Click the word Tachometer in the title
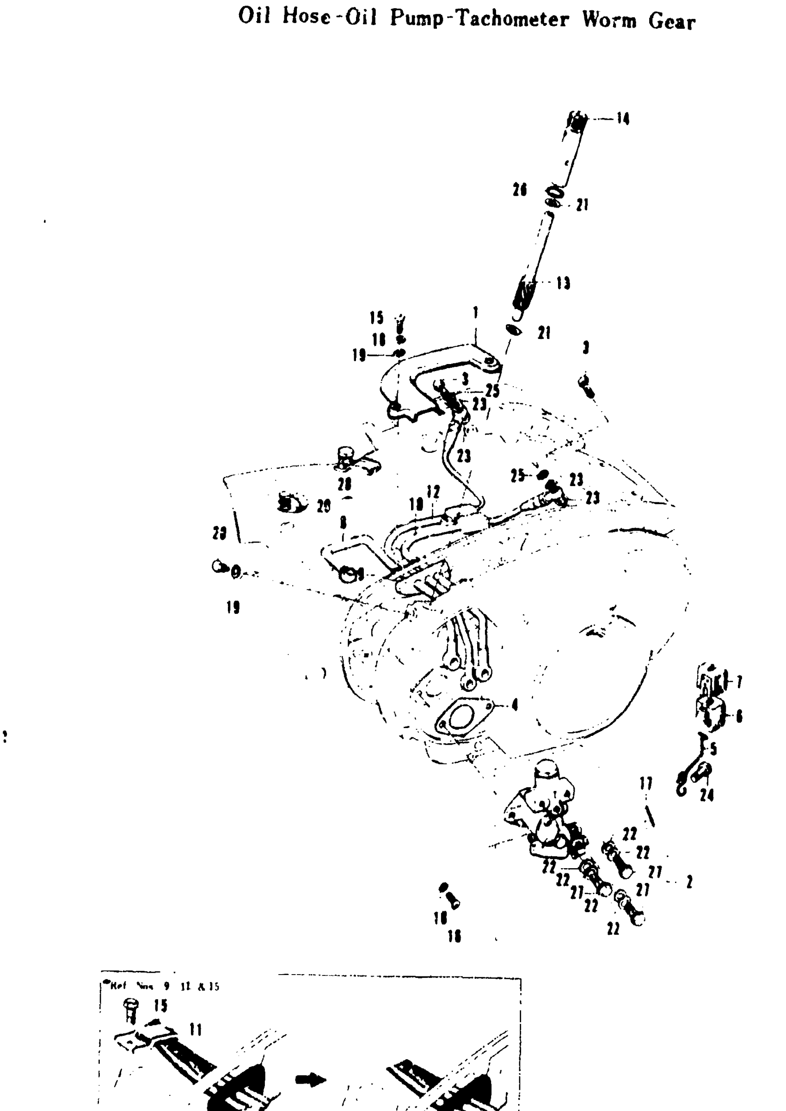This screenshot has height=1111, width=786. pyautogui.click(x=513, y=19)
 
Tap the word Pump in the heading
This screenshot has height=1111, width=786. pyautogui.click(x=417, y=19)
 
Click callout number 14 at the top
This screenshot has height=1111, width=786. pyautogui.click(x=622, y=118)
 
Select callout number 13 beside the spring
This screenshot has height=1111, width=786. pyautogui.click(x=563, y=283)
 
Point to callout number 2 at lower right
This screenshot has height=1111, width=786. pyautogui.click(x=689, y=882)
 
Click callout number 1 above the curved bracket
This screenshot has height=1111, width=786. pyautogui.click(x=476, y=312)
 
